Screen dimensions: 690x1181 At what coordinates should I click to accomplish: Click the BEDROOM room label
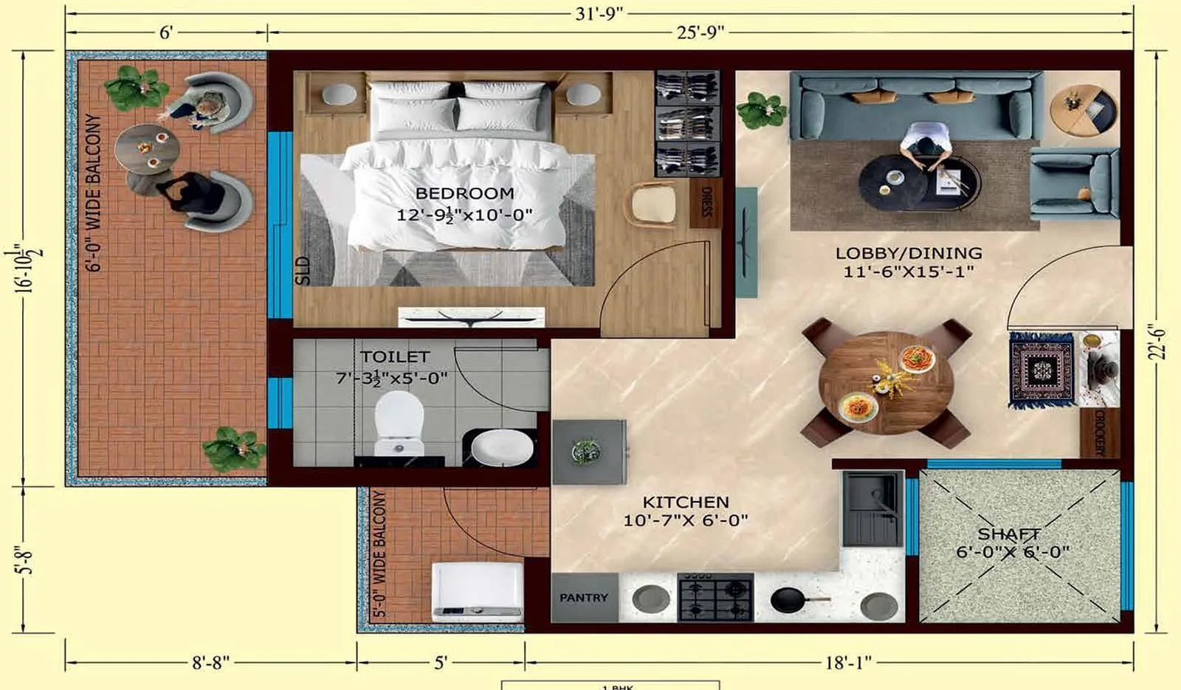464,193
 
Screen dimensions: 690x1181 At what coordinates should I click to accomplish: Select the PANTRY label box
584,598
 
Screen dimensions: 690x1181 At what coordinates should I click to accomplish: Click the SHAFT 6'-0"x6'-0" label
1011,542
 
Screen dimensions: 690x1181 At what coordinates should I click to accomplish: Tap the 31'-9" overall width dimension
599,13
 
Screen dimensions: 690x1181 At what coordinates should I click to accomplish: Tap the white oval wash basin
502,447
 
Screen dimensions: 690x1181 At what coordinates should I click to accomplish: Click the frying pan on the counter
790,600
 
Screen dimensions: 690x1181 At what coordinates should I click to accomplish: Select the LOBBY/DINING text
909,253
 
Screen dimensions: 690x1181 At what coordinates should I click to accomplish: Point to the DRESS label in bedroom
706,201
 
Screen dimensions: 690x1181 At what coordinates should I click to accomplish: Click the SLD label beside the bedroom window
303,270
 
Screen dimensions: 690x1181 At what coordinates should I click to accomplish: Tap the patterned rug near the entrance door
1041,370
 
